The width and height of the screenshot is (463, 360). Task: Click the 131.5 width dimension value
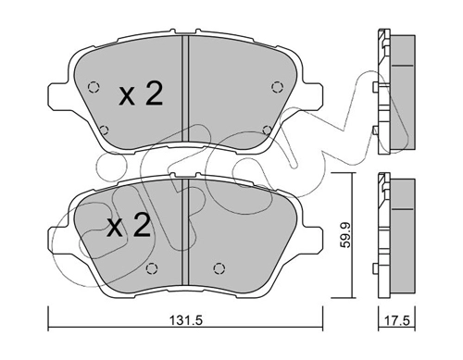coord(185,320)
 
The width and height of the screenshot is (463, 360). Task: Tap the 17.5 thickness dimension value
coord(397,320)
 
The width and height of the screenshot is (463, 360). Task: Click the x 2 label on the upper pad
coord(141,94)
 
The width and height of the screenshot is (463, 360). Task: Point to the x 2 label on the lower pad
coord(129,226)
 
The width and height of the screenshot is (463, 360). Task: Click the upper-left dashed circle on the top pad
coord(94,88)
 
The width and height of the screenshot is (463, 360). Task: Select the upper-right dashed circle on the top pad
coord(277,87)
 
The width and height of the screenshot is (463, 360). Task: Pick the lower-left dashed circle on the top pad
coord(105,130)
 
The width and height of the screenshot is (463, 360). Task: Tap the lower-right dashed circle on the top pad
coord(267,130)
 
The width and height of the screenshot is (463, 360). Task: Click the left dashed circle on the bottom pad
coord(152,268)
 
